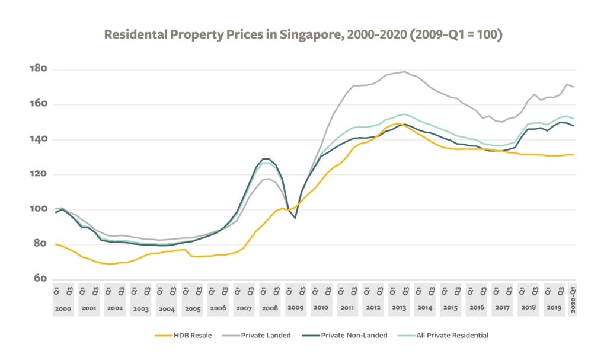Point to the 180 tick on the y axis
(x=38, y=69)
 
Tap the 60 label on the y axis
(x=41, y=279)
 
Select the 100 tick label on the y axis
(x=38, y=209)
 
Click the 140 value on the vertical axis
(x=38, y=139)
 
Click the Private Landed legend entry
(x=266, y=336)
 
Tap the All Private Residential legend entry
(x=447, y=336)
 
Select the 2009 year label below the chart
(x=295, y=308)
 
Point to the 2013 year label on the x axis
(x=399, y=308)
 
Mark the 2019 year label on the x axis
(x=554, y=308)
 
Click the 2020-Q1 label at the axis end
(x=573, y=300)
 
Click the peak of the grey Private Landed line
(x=405, y=72)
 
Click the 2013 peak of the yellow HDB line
(x=398, y=123)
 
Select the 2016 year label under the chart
(x=476, y=308)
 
